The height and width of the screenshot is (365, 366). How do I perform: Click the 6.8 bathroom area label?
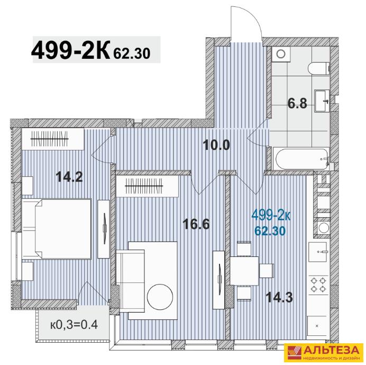[297, 103]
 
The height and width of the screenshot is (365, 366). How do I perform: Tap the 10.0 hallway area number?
[217, 145]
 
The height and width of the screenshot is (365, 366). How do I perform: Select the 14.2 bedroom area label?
[69, 177]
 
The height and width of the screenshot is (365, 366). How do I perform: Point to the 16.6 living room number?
[196, 224]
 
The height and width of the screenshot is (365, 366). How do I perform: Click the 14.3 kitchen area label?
[279, 298]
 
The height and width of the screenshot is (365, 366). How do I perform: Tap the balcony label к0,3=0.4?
[74, 325]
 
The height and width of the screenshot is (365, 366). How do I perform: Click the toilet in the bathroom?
[318, 68]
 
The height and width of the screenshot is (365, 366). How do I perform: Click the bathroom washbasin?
[322, 101]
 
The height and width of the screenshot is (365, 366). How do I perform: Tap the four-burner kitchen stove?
[319, 285]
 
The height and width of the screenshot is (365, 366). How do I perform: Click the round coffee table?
[160, 297]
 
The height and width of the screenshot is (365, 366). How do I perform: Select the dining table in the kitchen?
[244, 271]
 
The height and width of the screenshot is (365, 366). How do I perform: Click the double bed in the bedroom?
[57, 229]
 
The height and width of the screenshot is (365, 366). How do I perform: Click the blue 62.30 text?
[270, 232]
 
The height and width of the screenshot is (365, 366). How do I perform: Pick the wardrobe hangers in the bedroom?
[50, 138]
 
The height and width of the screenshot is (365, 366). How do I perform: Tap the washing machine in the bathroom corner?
[281, 54]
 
